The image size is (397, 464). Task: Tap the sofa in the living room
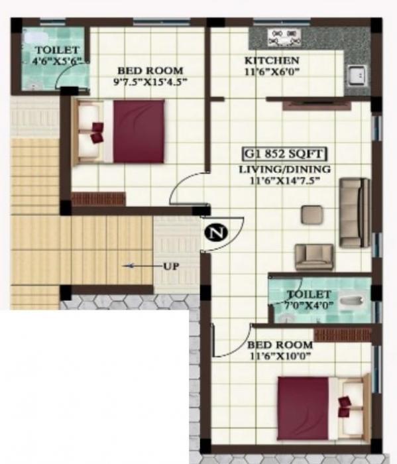coord(355,212)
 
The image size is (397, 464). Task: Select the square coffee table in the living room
coord(312,214)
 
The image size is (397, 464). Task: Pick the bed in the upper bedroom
coord(121,131)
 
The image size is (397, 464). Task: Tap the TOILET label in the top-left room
coord(56,50)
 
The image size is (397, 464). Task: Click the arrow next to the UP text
coord(141,266)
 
